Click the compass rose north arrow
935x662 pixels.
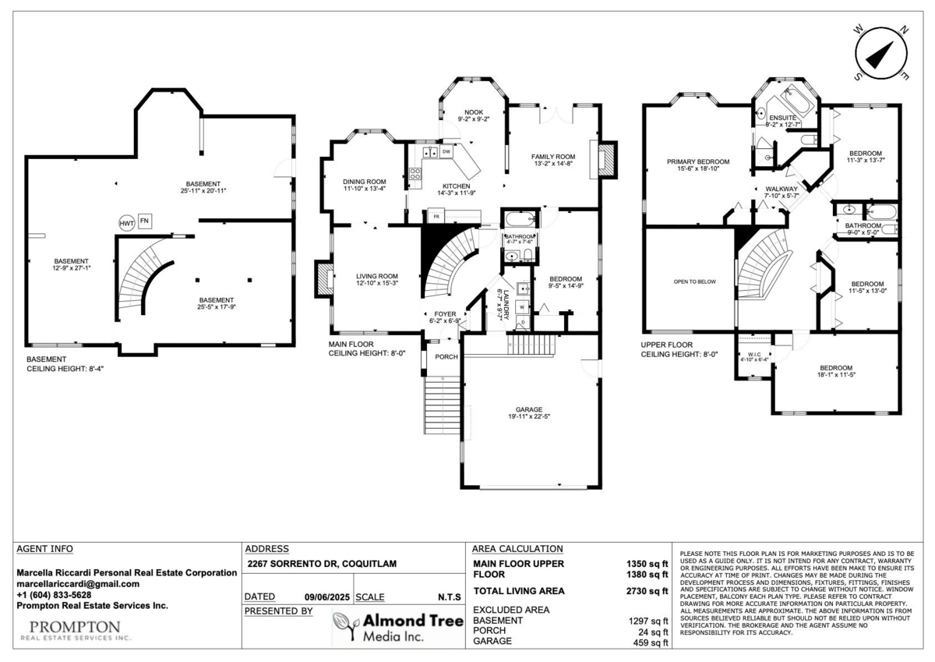(x=881, y=54)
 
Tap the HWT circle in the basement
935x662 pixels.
(x=126, y=222)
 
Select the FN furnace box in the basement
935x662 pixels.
(x=145, y=221)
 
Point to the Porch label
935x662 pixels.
(x=446, y=357)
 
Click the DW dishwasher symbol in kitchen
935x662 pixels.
(x=446, y=151)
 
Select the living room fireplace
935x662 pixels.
(x=322, y=278)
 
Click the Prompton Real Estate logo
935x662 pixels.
(x=75, y=630)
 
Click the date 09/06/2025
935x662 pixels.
(x=325, y=597)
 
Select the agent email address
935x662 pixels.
(x=78, y=583)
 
